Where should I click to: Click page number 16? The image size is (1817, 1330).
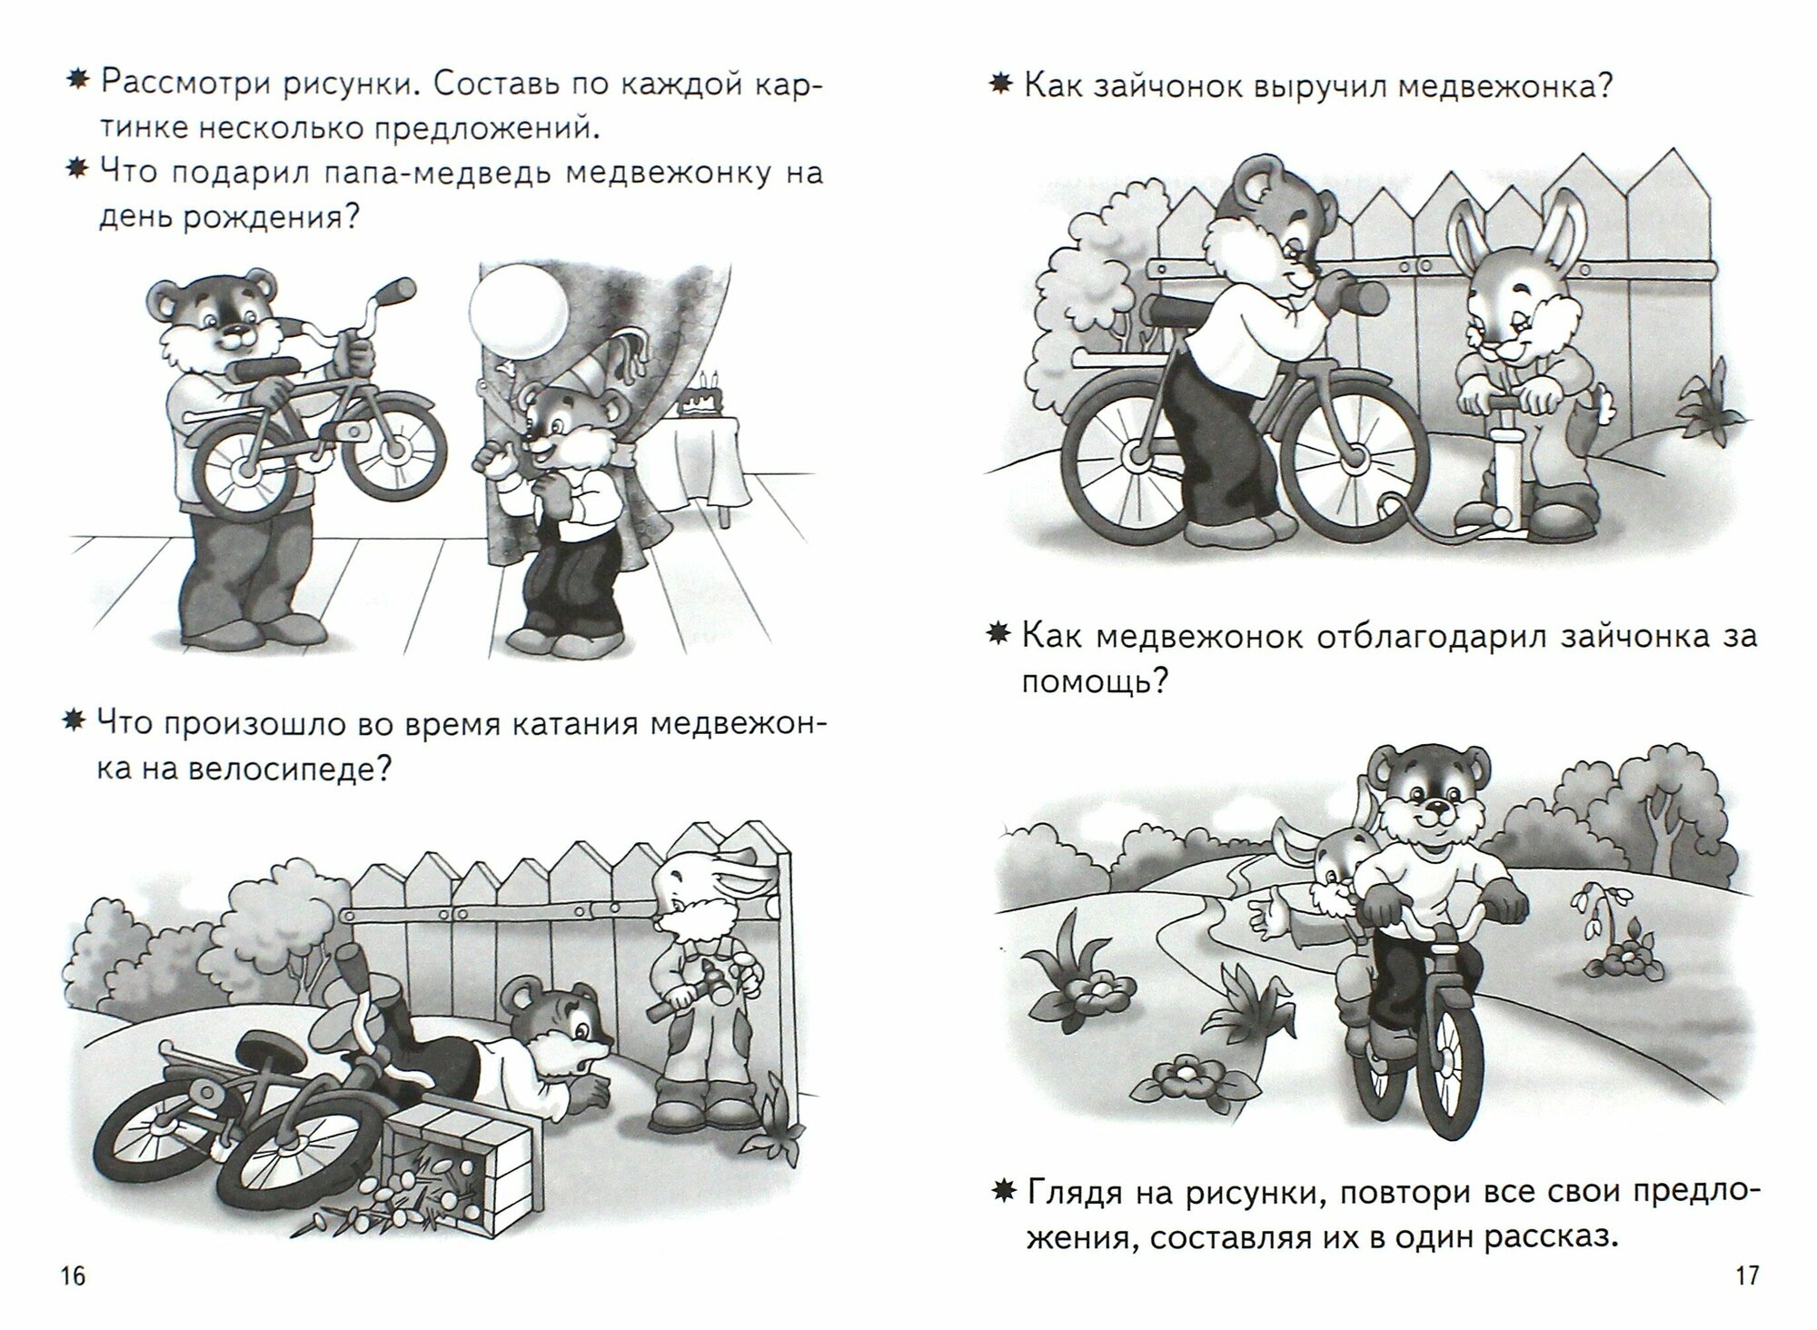pos(73,1275)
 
